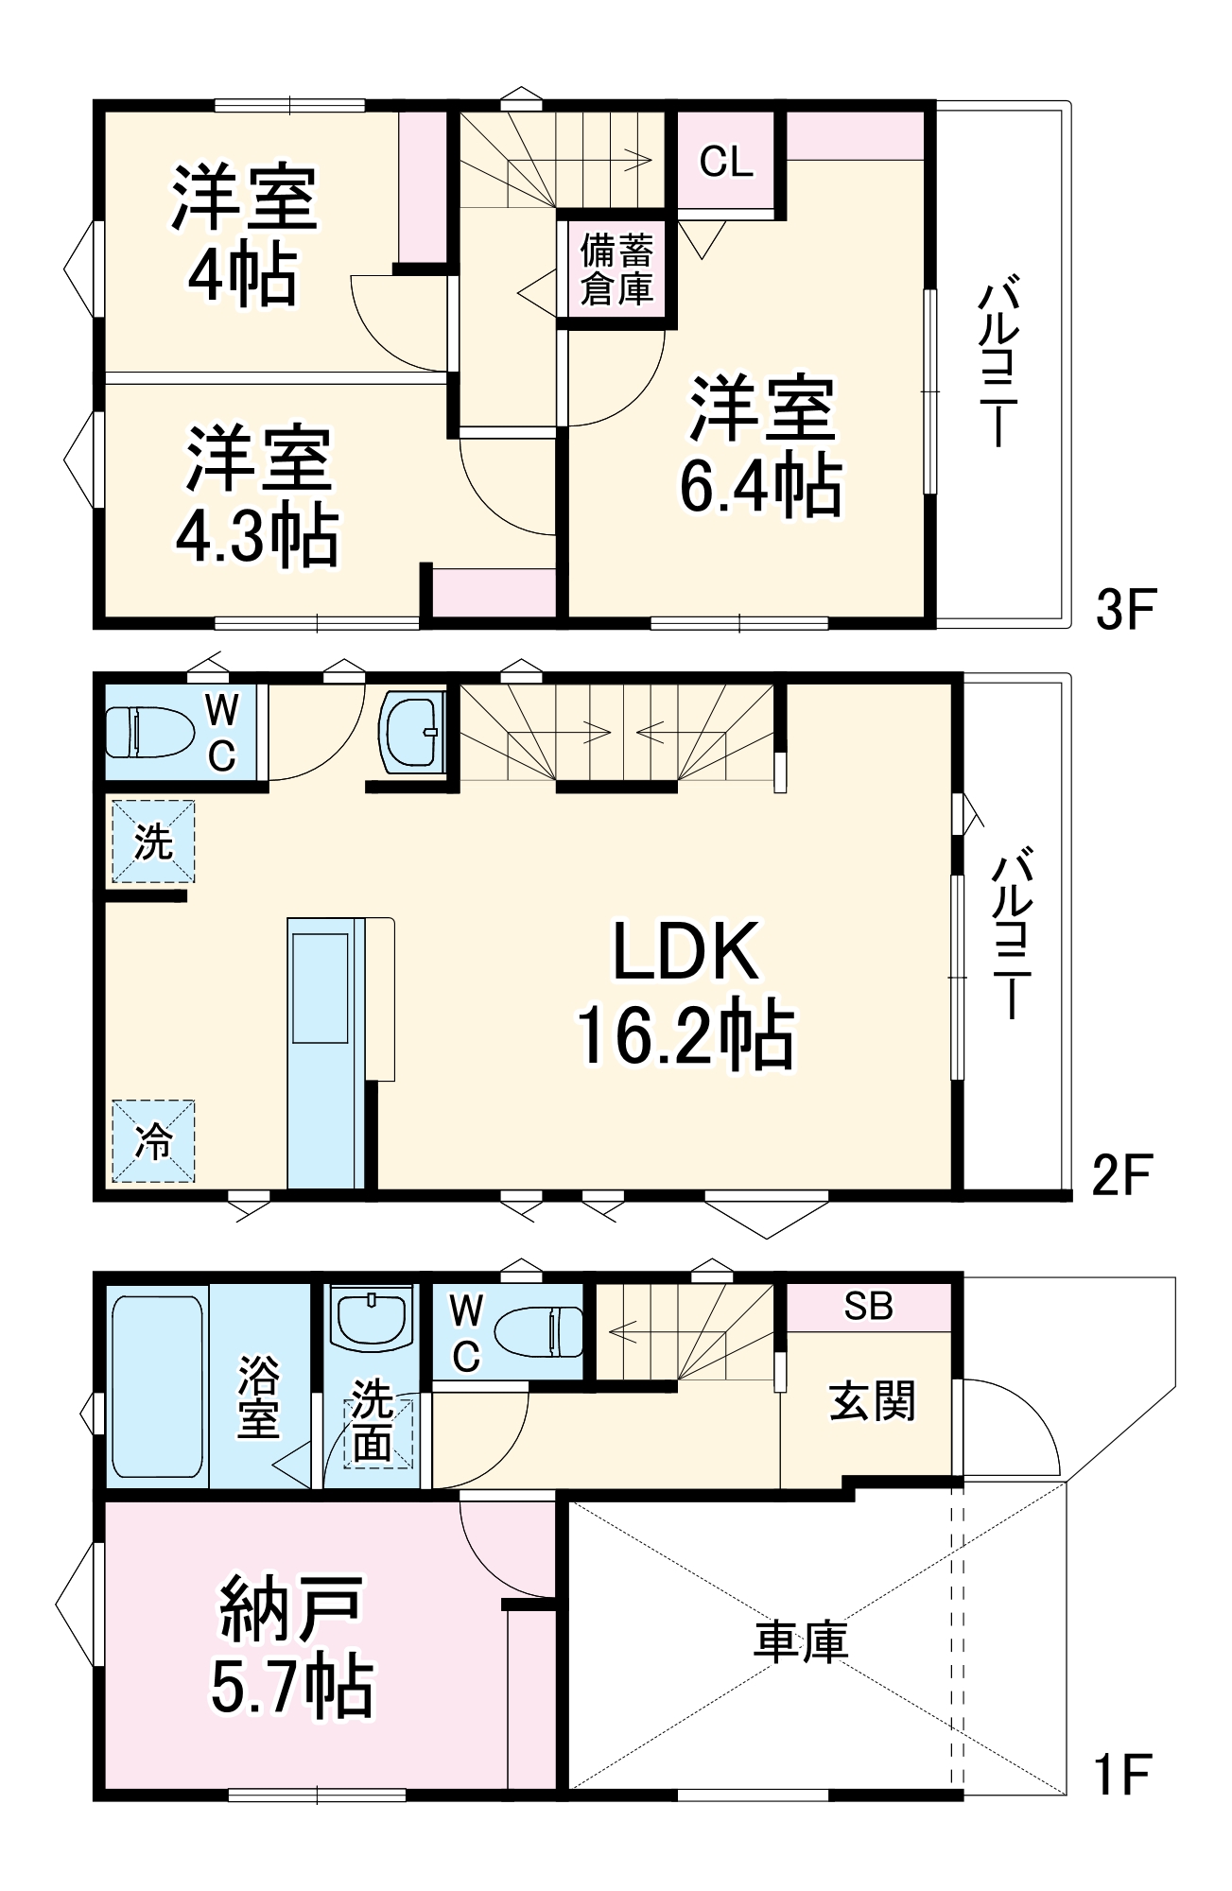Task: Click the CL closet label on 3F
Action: (725, 162)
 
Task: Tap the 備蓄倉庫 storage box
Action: (616, 270)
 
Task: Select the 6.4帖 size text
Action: (761, 485)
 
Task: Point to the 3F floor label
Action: (1125, 609)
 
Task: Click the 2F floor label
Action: (1121, 1175)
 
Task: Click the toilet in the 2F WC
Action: (148, 731)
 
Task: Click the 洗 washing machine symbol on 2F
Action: (153, 841)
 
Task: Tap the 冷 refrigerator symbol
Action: (153, 1141)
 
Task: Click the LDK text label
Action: (685, 952)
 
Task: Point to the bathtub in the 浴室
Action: (157, 1386)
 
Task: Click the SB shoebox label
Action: (868, 1306)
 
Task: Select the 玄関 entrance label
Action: (872, 1401)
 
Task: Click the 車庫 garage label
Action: (800, 1642)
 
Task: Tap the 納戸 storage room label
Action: (291, 1608)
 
